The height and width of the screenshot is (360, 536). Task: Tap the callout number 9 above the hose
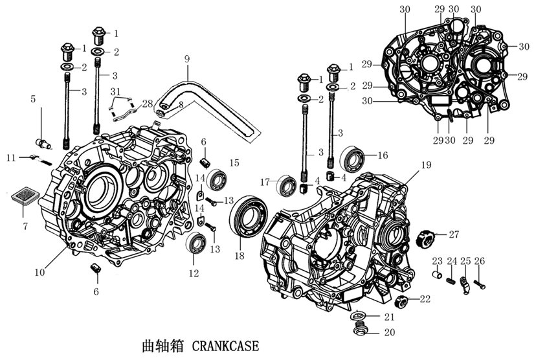pos(186,60)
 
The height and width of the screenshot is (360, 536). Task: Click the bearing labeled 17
pos(286,186)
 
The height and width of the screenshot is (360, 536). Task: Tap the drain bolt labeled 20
pos(362,330)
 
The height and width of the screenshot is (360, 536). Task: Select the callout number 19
pos(426,165)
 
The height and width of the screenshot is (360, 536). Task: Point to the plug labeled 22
pos(403,300)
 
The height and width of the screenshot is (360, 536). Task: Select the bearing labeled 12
pos(196,245)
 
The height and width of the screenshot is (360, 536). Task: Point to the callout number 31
pos(115,90)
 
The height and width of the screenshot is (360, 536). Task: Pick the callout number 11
pos(10,157)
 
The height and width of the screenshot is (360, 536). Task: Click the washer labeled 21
pos(361,317)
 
